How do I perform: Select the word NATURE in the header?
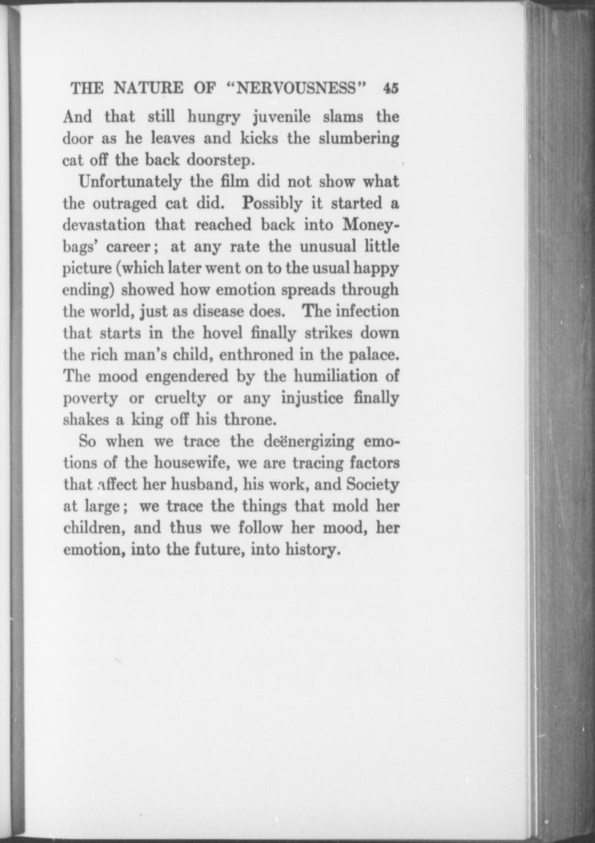click(x=148, y=89)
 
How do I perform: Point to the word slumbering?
click(x=359, y=139)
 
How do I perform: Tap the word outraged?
click(x=125, y=204)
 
